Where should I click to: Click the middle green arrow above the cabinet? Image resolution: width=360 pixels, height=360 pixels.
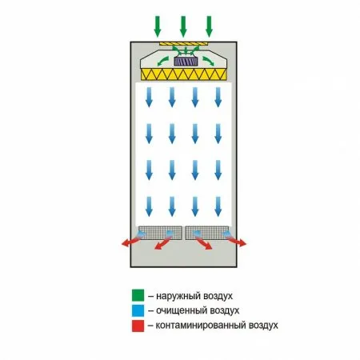183,26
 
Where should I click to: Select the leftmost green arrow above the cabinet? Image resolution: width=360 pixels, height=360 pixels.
158,26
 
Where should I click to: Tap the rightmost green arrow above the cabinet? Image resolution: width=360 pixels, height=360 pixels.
209,26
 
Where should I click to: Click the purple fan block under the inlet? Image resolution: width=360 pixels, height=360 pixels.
186,62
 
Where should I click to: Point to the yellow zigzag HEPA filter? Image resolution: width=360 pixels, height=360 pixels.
184,74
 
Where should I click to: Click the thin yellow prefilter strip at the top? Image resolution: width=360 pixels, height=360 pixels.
183,43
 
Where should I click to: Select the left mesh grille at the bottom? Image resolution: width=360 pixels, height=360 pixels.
160,233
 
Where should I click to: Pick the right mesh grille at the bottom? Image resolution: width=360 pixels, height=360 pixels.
207,233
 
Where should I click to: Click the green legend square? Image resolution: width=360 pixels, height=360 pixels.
138,295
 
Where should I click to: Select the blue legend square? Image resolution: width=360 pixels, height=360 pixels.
138,310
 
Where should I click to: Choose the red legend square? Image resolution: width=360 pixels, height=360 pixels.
138,326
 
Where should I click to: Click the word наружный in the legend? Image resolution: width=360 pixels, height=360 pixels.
178,296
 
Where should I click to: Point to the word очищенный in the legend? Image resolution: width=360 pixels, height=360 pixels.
182,311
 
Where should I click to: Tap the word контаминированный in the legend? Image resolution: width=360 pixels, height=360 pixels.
201,326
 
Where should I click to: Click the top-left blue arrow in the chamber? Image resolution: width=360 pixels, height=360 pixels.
149,98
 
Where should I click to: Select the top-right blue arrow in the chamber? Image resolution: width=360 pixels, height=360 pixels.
218,98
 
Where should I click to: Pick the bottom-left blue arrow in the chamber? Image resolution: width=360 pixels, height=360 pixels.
149,206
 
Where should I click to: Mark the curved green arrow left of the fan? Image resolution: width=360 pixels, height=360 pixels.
162,61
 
